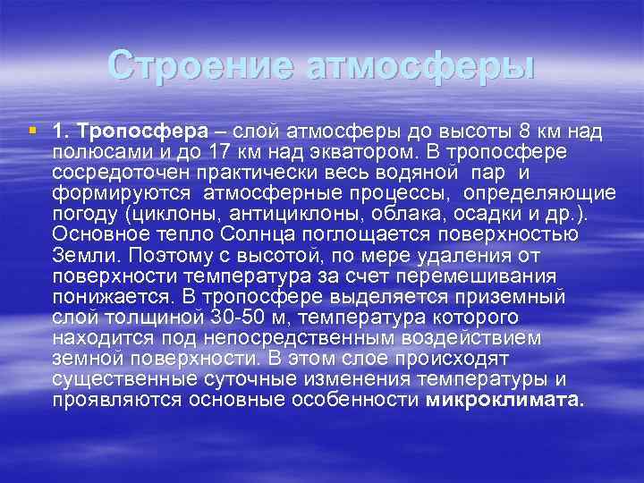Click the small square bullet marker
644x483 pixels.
pos(33,131)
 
